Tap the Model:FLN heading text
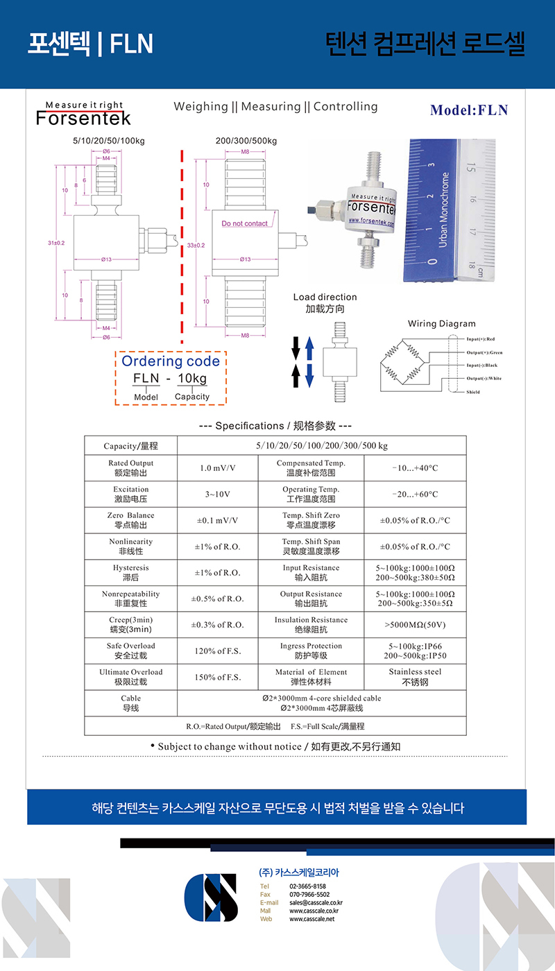tap(469, 110)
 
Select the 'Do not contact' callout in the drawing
tap(244, 223)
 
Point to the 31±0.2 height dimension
tap(56, 243)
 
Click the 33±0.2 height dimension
tap(196, 245)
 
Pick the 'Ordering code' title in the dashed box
tap(170, 361)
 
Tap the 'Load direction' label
tap(325, 297)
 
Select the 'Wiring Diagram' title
tap(441, 324)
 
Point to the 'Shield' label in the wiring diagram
tap(472, 392)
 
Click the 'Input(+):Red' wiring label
tap(481, 339)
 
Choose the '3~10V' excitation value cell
tap(217, 495)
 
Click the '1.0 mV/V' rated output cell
tap(217, 468)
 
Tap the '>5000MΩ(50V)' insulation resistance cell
tap(415, 625)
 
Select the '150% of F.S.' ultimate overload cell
tap(217, 677)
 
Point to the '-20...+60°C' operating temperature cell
tap(415, 495)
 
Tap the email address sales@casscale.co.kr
tap(316, 903)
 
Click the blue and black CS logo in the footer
tap(211, 897)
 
